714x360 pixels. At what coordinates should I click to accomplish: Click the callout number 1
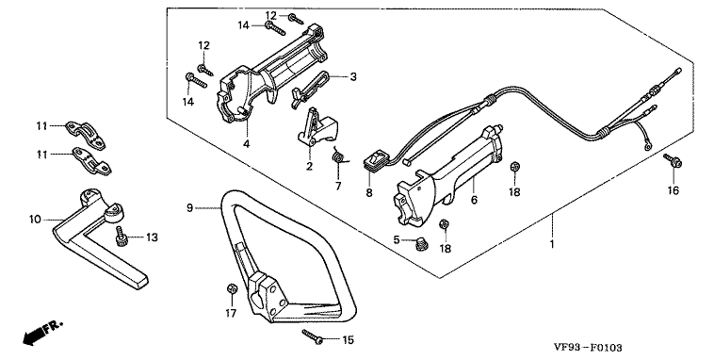552,244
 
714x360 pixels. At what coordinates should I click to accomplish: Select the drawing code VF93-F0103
588,348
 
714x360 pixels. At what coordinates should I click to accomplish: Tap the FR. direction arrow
42,333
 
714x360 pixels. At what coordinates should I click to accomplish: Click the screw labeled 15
313,337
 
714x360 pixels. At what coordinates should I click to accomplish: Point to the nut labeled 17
232,289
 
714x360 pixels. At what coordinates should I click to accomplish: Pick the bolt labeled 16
673,161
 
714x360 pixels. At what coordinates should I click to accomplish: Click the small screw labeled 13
122,237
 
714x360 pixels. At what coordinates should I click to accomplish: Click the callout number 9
190,207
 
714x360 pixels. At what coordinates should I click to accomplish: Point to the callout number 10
35,220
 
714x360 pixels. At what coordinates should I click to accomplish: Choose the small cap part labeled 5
421,244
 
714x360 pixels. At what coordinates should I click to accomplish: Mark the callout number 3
353,76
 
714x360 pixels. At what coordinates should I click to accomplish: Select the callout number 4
247,144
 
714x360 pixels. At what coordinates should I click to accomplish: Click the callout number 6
474,199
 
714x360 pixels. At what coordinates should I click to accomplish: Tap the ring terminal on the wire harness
646,147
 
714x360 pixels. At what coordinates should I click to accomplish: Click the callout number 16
673,190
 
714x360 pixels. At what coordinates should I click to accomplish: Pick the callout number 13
152,237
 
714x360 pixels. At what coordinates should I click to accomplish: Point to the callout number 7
338,186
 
